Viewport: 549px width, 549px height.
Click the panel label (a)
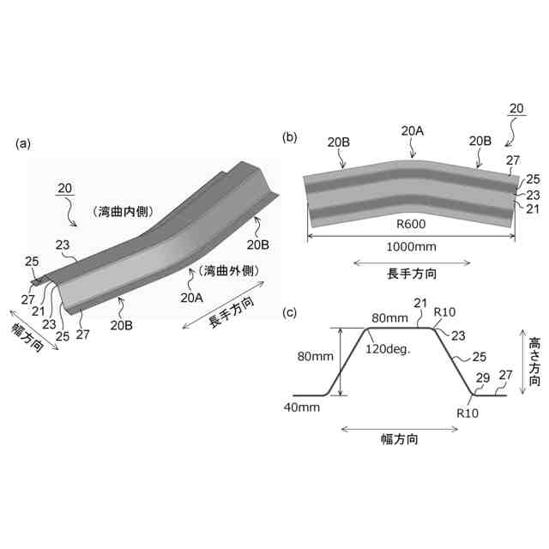pos(23,144)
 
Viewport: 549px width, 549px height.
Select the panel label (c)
pos(290,311)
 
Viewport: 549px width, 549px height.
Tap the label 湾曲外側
pos(226,271)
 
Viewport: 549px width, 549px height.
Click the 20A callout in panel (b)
pos(412,130)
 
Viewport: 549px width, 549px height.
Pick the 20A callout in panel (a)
pos(192,298)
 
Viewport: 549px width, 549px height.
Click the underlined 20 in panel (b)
pos(516,108)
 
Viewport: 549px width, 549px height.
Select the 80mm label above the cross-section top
pos(388,317)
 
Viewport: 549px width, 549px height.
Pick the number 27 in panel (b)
pos(512,160)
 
